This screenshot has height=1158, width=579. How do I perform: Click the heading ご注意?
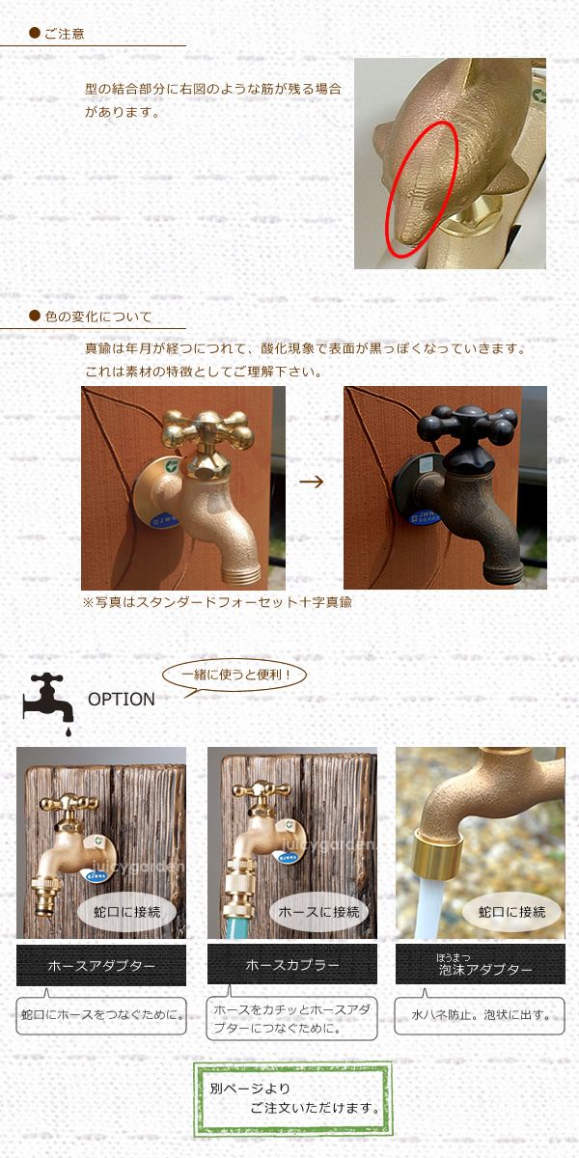[x=64, y=34]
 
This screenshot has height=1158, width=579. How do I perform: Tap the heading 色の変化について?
[x=98, y=317]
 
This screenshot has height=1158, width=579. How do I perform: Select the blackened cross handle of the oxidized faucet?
[x=467, y=425]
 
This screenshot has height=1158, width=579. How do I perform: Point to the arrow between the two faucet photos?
[x=312, y=482]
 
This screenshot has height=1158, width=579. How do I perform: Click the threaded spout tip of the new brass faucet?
[x=241, y=574]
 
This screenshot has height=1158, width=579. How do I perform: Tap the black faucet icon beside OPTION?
[x=47, y=703]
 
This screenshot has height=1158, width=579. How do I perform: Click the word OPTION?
[x=122, y=699]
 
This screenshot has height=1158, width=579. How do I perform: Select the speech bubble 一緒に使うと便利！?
[x=235, y=675]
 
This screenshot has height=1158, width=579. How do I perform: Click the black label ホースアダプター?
[x=101, y=965]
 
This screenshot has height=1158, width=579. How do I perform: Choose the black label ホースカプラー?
[x=292, y=965]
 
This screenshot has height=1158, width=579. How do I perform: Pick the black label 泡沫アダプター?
[x=481, y=964]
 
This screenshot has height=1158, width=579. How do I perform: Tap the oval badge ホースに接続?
[x=318, y=912]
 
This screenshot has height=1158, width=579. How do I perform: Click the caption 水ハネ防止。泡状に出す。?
[x=481, y=1015]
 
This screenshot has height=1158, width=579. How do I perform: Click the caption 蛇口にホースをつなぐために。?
[x=101, y=1015]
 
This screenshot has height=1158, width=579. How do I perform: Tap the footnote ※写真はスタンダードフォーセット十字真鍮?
[x=217, y=602]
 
